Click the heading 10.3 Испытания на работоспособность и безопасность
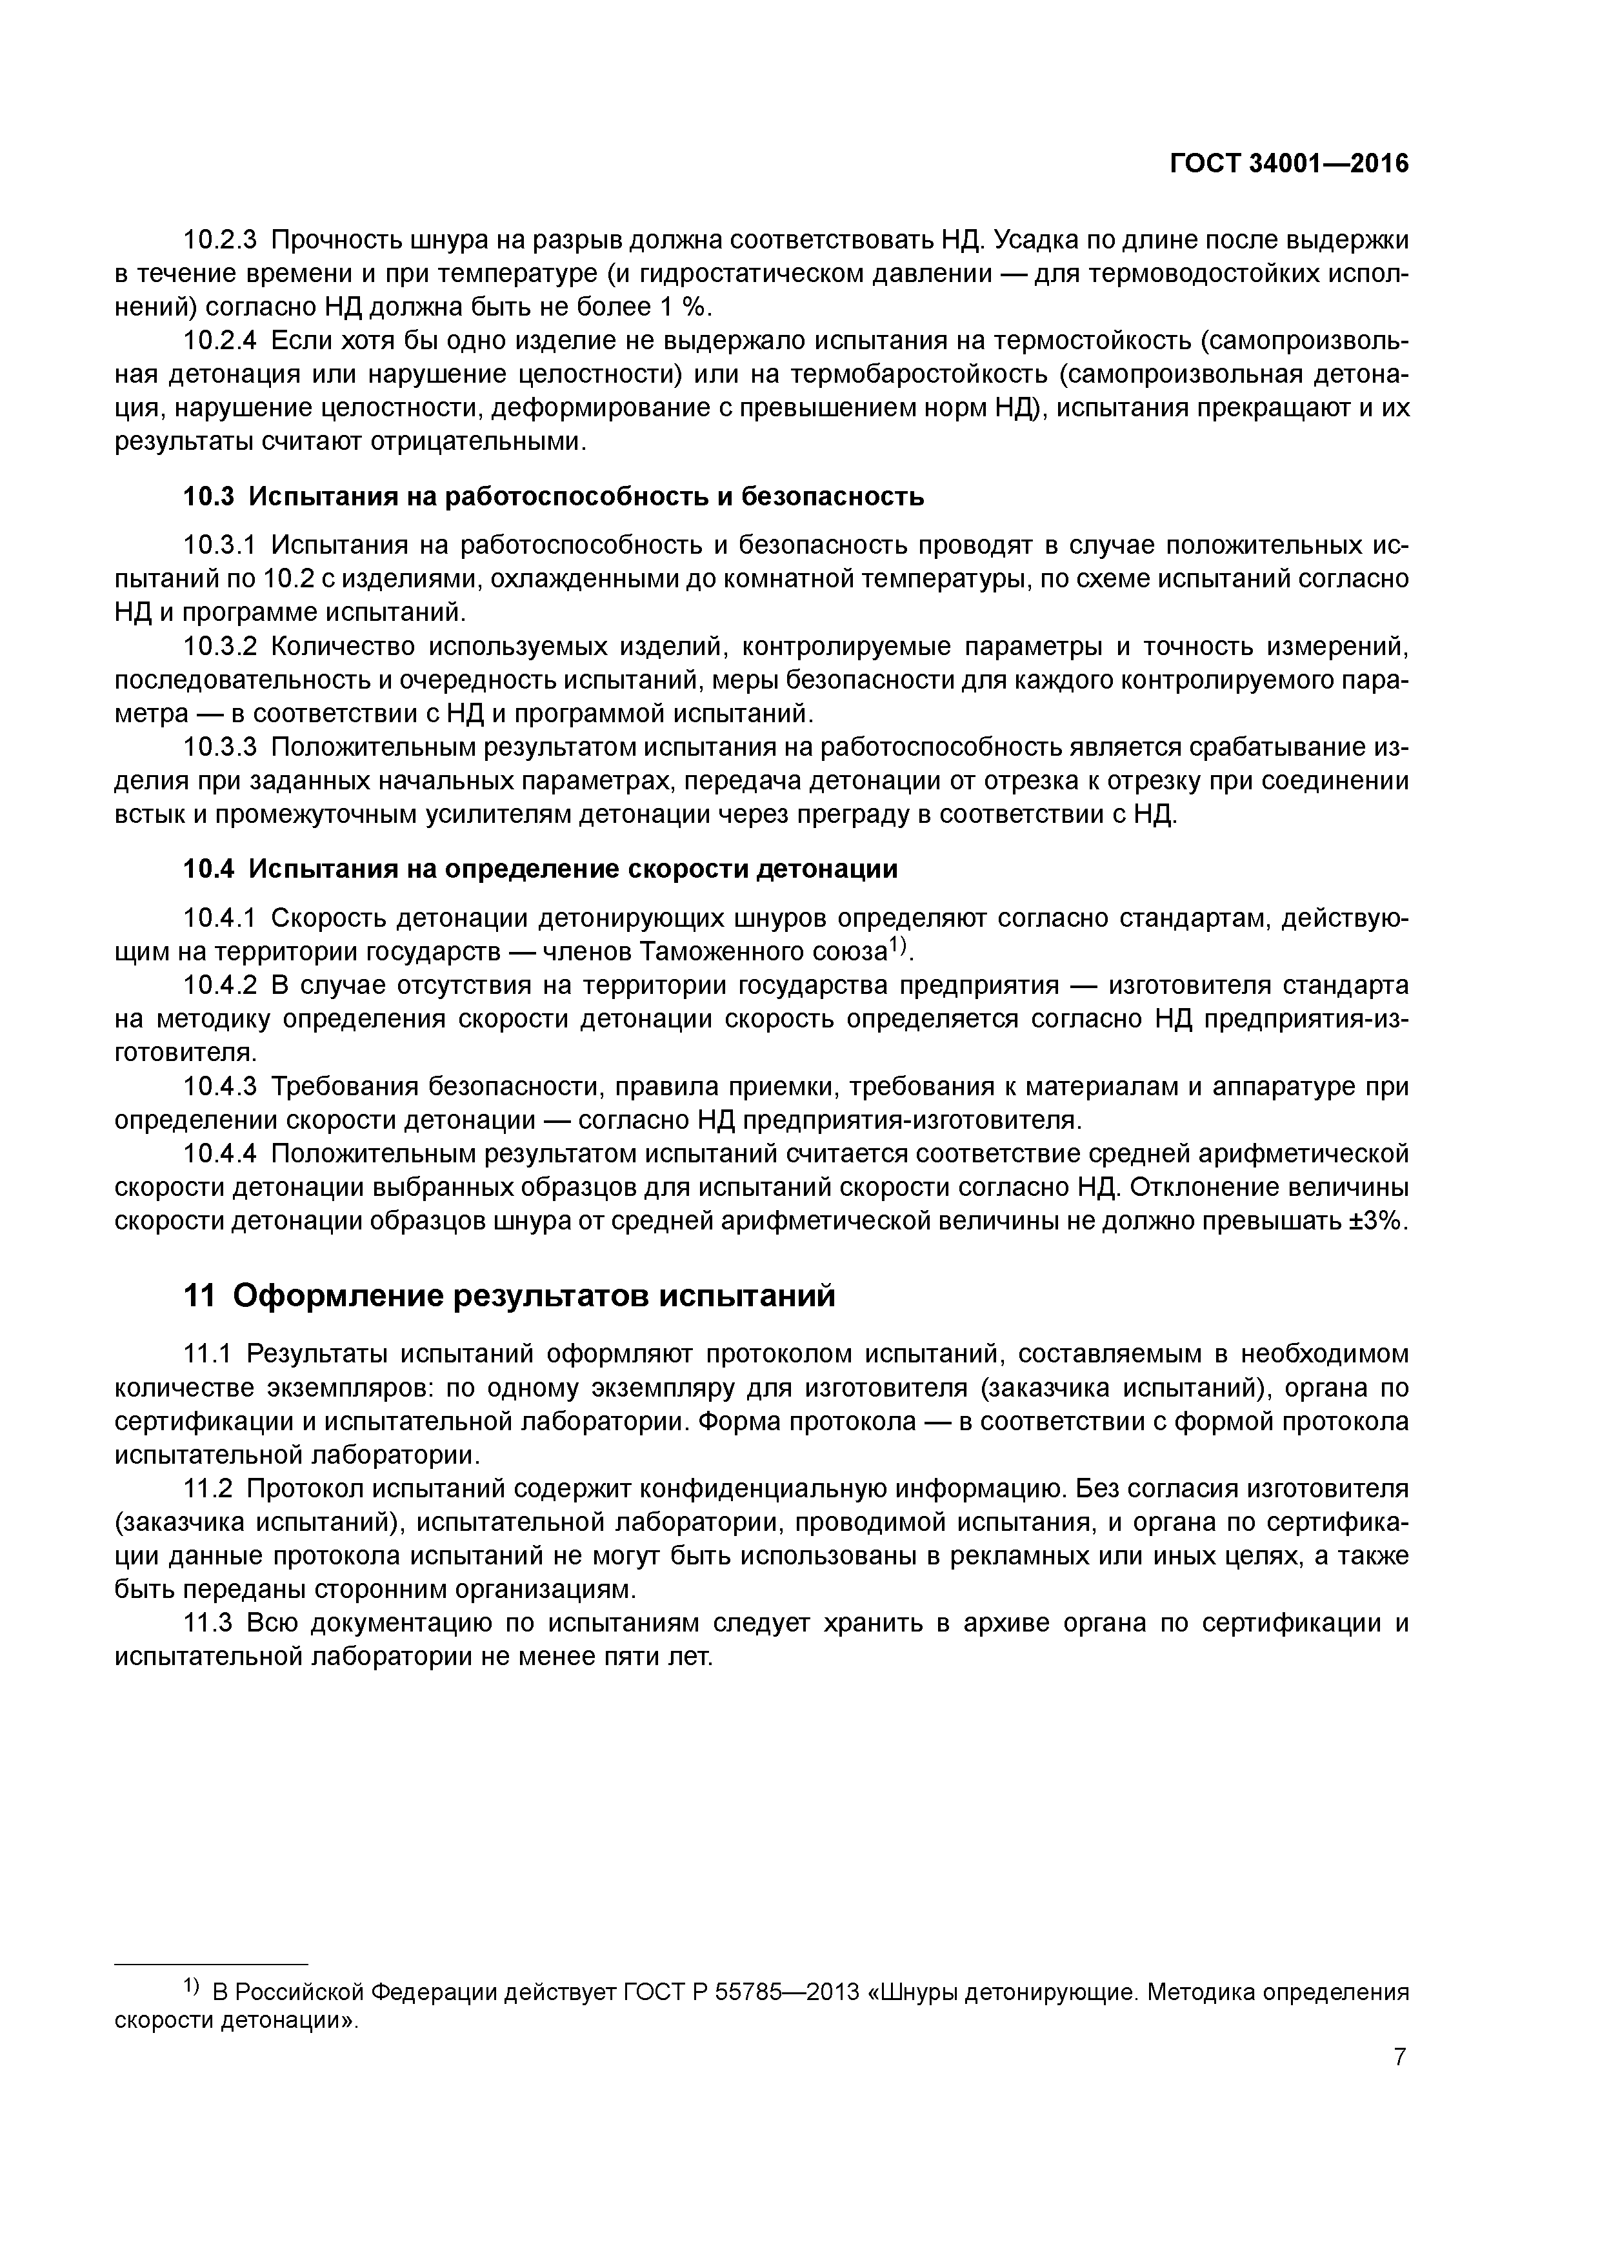pyautogui.click(x=554, y=496)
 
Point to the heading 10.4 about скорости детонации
pyautogui.click(x=541, y=869)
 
